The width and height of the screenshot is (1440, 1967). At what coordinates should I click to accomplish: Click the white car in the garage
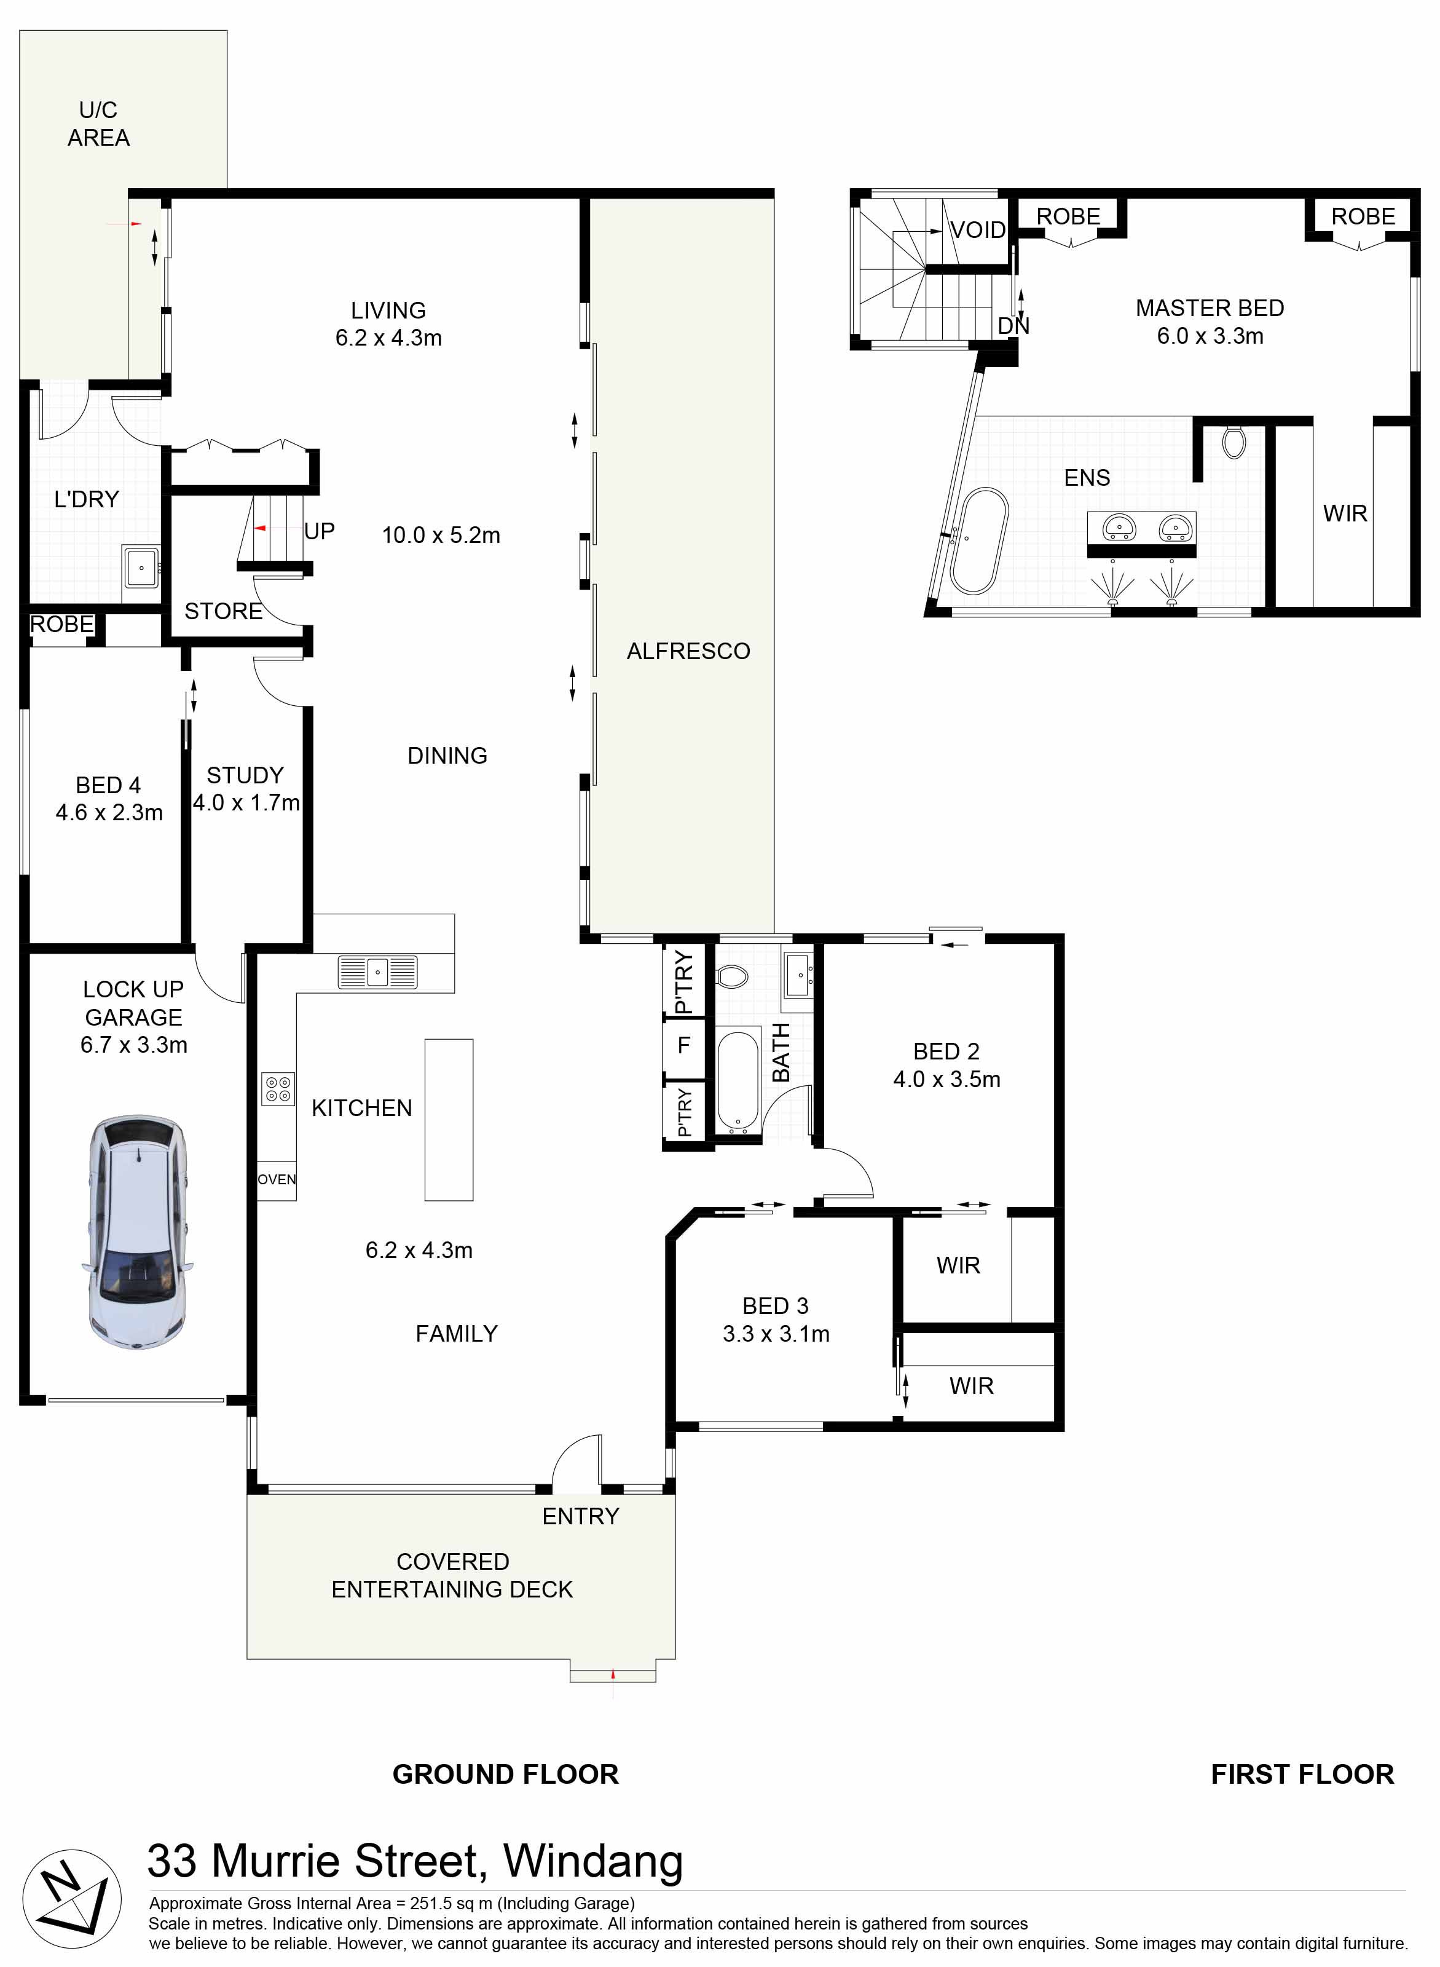pyautogui.click(x=138, y=1232)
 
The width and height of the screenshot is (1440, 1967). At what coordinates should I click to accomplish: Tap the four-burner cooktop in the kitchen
pyautogui.click(x=278, y=1090)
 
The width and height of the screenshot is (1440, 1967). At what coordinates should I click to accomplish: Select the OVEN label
pyautogui.click(x=277, y=1180)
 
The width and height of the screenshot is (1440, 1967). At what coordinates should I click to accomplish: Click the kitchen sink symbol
pyautogui.click(x=377, y=972)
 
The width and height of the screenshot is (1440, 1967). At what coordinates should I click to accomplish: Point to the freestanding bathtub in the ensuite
pyautogui.click(x=980, y=542)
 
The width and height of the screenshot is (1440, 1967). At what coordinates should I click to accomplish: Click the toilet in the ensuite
pyautogui.click(x=1233, y=441)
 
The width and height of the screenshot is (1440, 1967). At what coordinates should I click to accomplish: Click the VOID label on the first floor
pyautogui.click(x=978, y=230)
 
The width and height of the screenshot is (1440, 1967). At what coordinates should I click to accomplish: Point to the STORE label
pyautogui.click(x=223, y=611)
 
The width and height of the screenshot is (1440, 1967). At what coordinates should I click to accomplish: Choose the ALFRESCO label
pyautogui.click(x=688, y=651)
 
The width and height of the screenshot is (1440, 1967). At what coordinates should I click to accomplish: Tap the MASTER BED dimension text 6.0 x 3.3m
pyautogui.click(x=1210, y=336)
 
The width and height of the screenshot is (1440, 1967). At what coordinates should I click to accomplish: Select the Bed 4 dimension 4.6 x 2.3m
pyautogui.click(x=109, y=813)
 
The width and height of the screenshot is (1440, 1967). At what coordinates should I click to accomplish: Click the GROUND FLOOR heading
pyautogui.click(x=506, y=1775)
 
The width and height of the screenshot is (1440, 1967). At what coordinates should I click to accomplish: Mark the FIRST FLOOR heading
pyautogui.click(x=1302, y=1775)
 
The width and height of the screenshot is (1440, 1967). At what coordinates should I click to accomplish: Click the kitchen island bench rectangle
pyautogui.click(x=449, y=1120)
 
